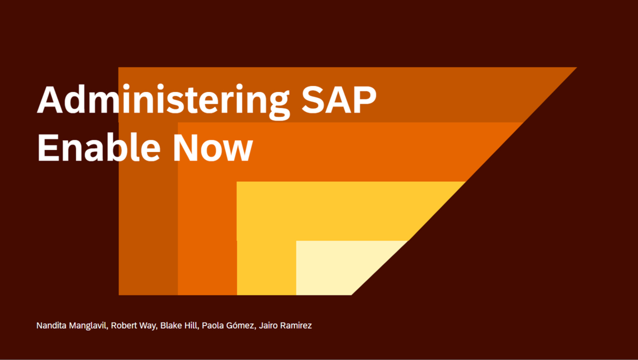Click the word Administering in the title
(159, 99)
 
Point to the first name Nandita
(52, 325)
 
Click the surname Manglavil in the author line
(90, 325)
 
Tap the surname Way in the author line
(150, 325)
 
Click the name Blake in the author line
(171, 325)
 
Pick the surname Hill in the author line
(191, 325)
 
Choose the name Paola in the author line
(212, 325)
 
